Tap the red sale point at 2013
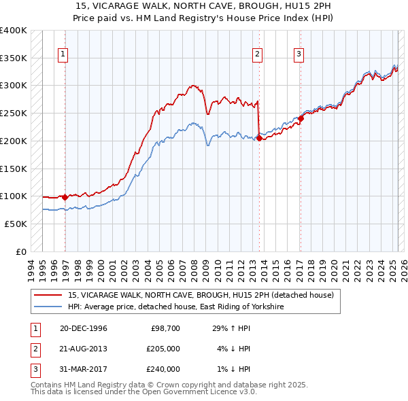(259, 138)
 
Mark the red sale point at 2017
(301, 118)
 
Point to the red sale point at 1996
(65, 197)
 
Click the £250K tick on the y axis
(13, 113)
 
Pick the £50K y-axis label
(16, 224)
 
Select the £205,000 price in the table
(164, 349)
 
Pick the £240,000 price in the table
(164, 369)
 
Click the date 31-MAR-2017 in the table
(84, 369)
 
